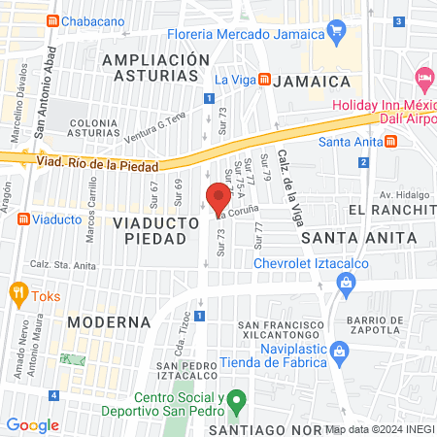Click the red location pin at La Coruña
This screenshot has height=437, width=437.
pos(212,195)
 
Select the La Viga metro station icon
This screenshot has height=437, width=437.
pos(265,80)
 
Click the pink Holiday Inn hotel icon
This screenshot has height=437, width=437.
pos(422,78)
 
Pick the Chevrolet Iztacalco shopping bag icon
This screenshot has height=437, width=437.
pos(345,282)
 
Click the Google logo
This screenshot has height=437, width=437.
pos(32,424)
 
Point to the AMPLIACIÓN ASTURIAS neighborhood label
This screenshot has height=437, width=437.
pos(155,68)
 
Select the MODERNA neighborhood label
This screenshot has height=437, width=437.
pos(109,320)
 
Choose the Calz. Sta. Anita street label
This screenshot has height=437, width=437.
pos(64,264)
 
